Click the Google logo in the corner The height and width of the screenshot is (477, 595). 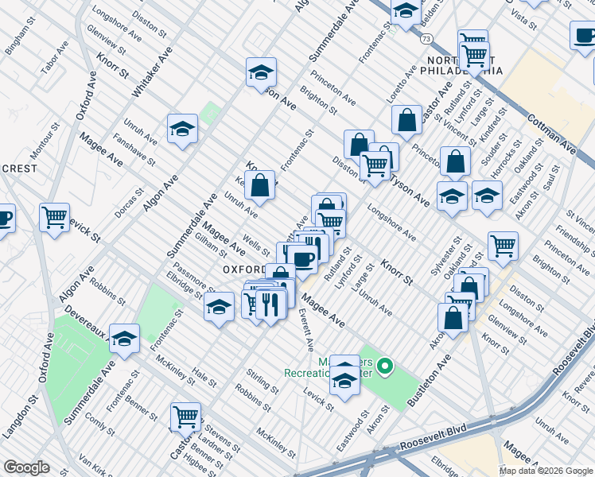[26, 467]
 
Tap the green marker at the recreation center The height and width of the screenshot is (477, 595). [385, 366]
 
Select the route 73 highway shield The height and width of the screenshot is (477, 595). [427, 38]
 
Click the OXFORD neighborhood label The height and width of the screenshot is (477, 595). [243, 270]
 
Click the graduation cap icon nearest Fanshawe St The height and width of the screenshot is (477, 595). [182, 129]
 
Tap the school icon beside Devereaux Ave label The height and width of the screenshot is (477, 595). [124, 339]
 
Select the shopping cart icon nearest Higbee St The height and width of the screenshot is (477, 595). [185, 416]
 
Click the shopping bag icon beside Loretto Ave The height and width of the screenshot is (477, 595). [406, 120]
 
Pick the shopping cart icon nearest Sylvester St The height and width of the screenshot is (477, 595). [503, 246]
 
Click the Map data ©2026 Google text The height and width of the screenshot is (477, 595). [546, 471]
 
